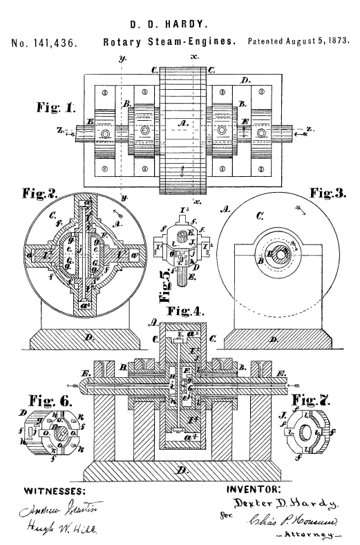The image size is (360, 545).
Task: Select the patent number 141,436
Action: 44,44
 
